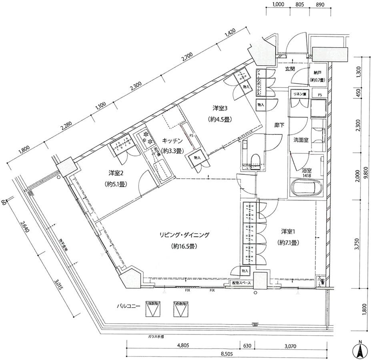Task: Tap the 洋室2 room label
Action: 115,173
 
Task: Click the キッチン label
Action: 172,141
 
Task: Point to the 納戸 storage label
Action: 317,73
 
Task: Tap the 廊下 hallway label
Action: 279,126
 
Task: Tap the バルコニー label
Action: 128,306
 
